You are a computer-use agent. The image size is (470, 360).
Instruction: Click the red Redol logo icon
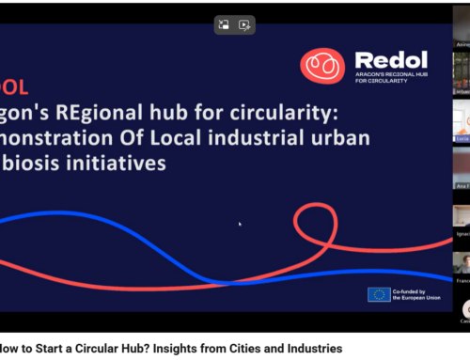pos(321,67)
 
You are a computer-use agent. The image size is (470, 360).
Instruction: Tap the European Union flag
pos(380,294)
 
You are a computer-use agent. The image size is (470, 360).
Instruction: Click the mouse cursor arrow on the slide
pos(240,224)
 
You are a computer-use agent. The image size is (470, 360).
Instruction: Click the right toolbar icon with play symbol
pos(244,25)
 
